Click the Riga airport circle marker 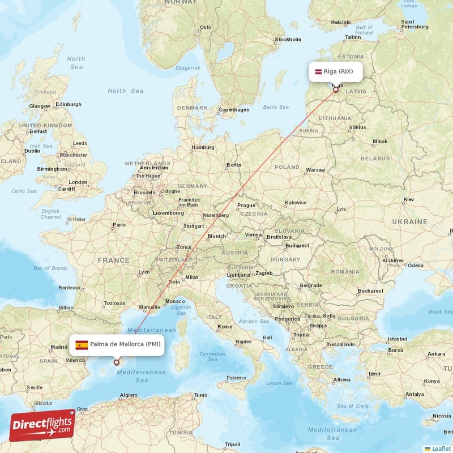click(x=335, y=89)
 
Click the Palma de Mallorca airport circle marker click(x=117, y=362)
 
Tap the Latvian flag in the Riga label click(x=318, y=71)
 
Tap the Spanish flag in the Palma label click(x=82, y=344)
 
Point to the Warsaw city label click(x=315, y=170)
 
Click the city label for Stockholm click(x=288, y=40)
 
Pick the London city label click(x=78, y=182)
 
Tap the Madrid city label click(x=59, y=347)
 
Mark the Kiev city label click(x=409, y=199)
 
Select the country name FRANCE click(x=113, y=260)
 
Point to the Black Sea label click(x=441, y=311)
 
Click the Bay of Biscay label click(x=50, y=268)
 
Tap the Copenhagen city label click(x=234, y=110)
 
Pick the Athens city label click(x=342, y=379)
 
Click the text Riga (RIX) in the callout click(x=338, y=71)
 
